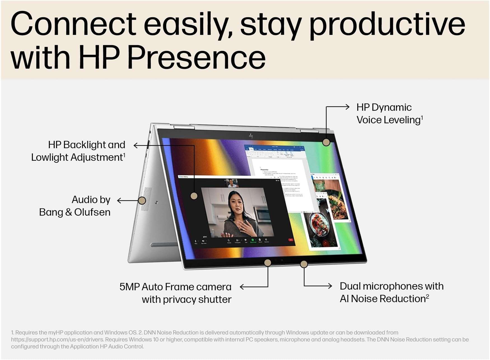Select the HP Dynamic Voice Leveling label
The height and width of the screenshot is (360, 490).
pos(389,113)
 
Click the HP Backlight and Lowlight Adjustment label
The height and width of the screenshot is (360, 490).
pos(78,151)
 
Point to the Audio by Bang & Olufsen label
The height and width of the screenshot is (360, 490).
pos(75,206)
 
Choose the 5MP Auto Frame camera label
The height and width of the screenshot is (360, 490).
pos(176,293)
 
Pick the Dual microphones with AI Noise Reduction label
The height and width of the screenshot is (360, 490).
pos(391,292)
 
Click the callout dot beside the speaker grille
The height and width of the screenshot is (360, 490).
pos(142,201)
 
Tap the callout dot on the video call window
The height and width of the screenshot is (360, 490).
pos(194,196)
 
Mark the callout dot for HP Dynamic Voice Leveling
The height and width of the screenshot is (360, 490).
pos(326,142)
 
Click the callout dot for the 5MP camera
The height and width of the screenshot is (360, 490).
pos(268,263)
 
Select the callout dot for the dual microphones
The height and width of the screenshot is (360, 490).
pos(304,264)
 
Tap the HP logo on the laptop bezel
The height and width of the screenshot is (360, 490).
pos(251,136)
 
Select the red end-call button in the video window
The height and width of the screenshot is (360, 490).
pos(290,240)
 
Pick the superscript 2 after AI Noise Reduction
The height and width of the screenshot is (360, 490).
pos(427,296)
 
